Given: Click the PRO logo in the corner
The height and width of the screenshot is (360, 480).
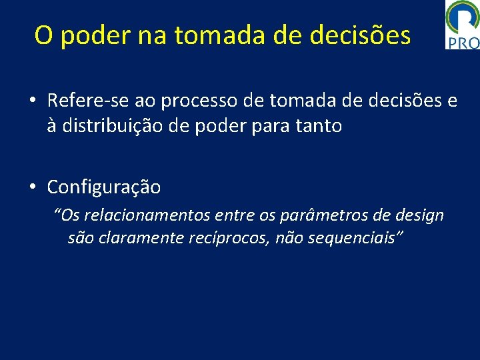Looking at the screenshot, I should point(462,25).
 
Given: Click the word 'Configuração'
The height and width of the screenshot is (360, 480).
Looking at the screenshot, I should point(103,187).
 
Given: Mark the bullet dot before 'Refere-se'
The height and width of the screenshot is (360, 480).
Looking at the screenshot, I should point(32,101).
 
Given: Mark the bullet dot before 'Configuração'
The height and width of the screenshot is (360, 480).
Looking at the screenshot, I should point(32,187).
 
